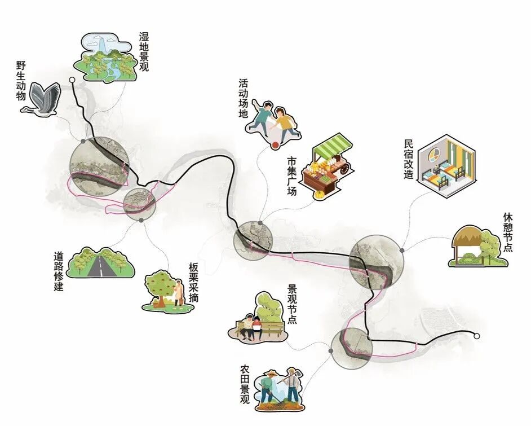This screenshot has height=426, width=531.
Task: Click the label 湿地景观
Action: click(145, 51)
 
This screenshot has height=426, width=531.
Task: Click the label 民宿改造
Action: click(409, 160)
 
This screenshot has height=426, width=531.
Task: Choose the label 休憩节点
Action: click(507, 232)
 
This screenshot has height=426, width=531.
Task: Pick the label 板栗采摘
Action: click(193, 283)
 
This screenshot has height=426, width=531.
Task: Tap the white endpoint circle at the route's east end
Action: click(477, 336)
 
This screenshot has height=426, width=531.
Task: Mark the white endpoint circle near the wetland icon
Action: click(72, 80)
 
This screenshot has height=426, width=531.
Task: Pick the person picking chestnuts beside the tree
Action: click(179, 293)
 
